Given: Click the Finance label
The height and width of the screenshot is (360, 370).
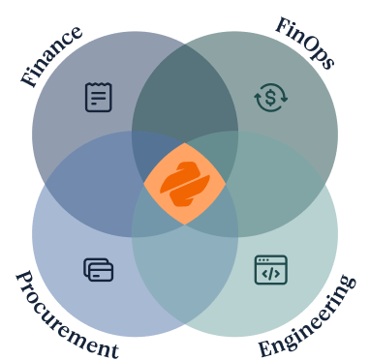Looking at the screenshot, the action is [51, 56].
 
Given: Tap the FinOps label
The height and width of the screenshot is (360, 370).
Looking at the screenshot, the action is [305, 45].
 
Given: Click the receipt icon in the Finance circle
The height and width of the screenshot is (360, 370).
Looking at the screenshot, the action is [99, 97].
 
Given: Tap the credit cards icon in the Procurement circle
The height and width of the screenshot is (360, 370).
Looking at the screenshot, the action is [99, 270].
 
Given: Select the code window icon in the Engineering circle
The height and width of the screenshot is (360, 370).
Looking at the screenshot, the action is [271, 270].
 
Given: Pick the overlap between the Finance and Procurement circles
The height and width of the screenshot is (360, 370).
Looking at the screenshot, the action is [87, 184].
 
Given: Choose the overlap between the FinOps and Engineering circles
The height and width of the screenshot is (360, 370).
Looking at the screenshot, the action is [283, 184].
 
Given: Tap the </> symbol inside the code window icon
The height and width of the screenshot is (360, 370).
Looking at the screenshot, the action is [271, 274].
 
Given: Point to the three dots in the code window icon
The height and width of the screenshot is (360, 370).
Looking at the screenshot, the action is [263, 260].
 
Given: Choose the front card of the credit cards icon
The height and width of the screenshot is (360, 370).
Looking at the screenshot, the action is [102, 273].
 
